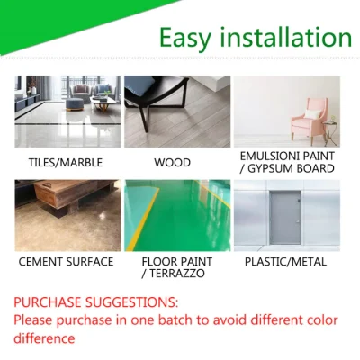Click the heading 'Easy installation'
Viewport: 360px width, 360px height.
pyautogui.click(x=255, y=39)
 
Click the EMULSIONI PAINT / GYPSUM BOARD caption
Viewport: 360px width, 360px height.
pyautogui.click(x=287, y=163)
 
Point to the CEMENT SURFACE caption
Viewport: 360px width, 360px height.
pyautogui.click(x=67, y=262)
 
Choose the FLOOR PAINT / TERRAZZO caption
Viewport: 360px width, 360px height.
pyautogui.click(x=175, y=268)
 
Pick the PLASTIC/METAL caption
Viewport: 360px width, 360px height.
pyautogui.click(x=286, y=262)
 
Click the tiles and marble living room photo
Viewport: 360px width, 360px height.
pyautogui.click(x=67, y=112)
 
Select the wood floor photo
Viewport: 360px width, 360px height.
pyautogui.click(x=177, y=112)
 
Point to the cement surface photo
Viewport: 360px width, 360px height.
pyautogui.click(x=67, y=215)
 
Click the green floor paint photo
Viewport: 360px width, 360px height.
pyautogui.click(x=177, y=215)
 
